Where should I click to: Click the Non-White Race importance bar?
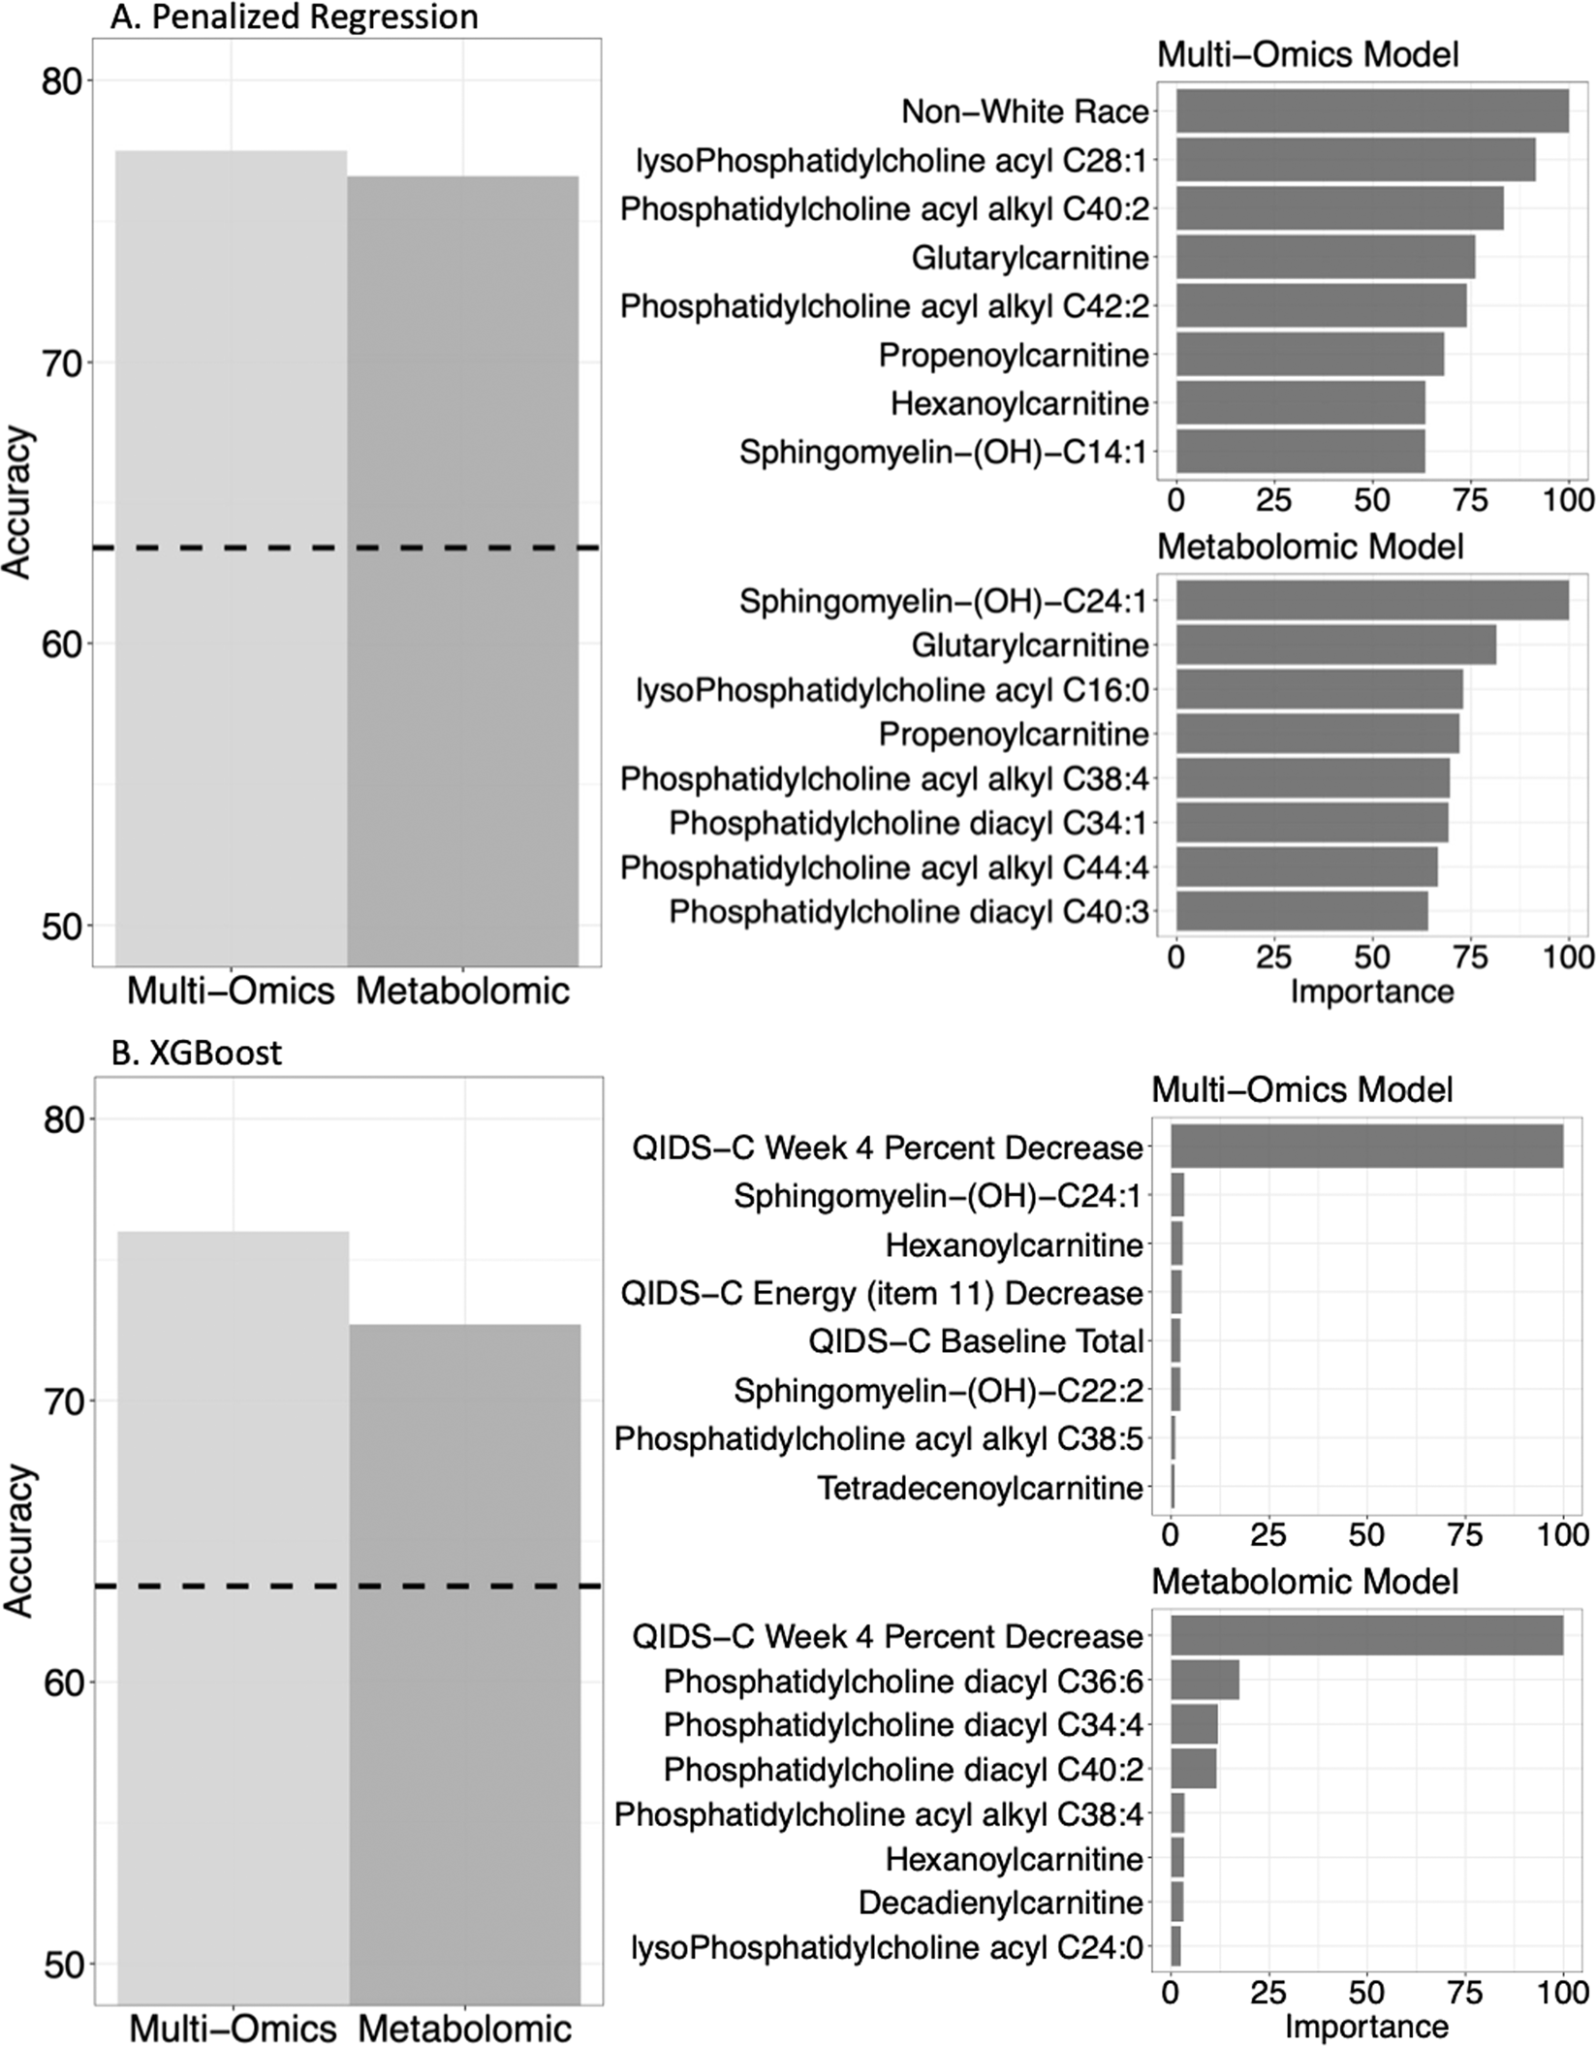[x=1371, y=111]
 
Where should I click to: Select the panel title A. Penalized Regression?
[x=294, y=16]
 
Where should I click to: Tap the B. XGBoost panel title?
[x=197, y=1053]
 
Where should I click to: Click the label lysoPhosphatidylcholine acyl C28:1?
[x=892, y=160]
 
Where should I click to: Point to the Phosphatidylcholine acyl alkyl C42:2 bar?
[x=1321, y=306]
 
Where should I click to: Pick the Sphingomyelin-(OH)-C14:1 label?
[x=943, y=452]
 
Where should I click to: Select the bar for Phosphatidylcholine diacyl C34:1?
[x=1312, y=823]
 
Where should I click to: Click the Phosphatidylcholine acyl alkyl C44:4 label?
[x=884, y=867]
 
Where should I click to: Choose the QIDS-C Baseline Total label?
[x=976, y=1341]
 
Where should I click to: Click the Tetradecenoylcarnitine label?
[x=980, y=1487]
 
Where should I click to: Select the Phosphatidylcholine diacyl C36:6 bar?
[x=1205, y=1681]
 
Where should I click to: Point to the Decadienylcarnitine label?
[x=1000, y=1902]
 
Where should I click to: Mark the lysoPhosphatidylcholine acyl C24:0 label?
[x=887, y=1946]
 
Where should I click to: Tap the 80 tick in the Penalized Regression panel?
[x=60, y=80]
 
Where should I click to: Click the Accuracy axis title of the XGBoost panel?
[x=18, y=1541]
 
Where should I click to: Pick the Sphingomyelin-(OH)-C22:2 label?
[x=938, y=1391]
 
